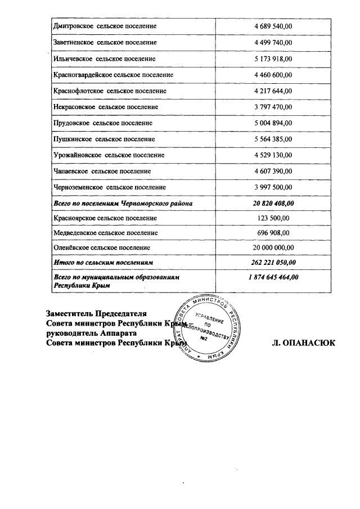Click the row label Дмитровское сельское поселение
104,26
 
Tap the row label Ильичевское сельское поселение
104,58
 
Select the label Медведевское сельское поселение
105,232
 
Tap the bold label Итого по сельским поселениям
103,263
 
